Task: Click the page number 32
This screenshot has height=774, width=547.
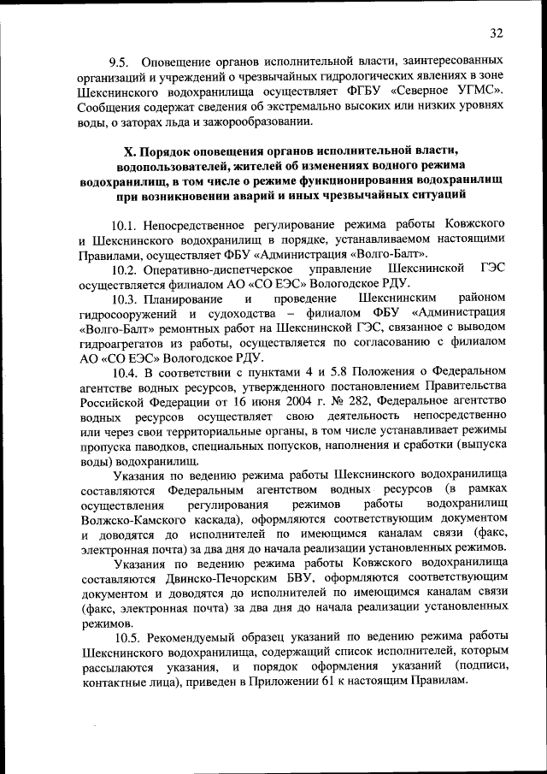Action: coord(497,32)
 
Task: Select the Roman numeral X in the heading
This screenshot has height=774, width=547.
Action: coord(131,151)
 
